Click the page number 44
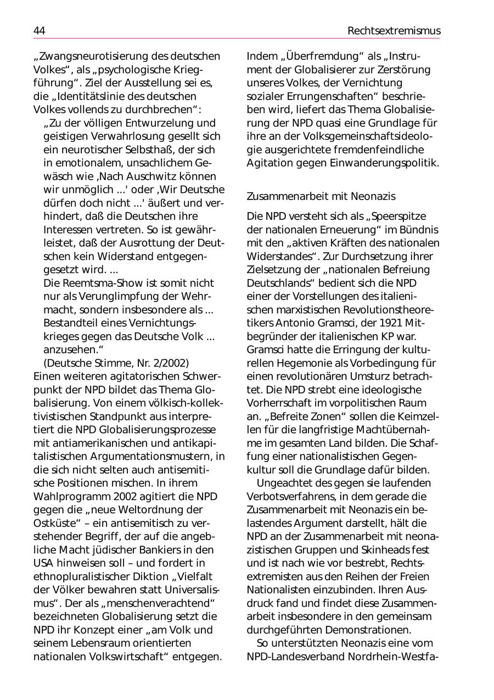coord(39,31)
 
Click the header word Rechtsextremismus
coord(394,31)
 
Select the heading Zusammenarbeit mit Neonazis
coord(321,196)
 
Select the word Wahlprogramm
coord(67,496)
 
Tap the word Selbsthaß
coord(155,150)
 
